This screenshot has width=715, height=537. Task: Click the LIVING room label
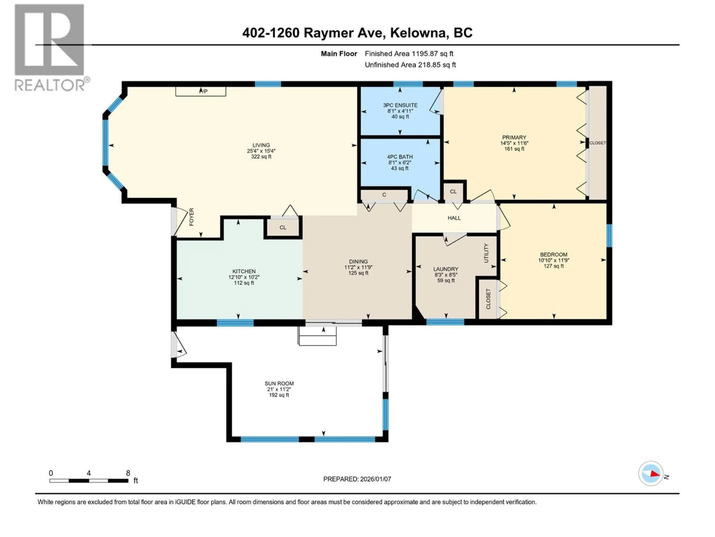point(261,145)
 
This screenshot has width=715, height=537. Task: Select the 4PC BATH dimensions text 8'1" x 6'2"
point(400,162)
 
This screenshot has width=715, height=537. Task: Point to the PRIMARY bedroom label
point(514,137)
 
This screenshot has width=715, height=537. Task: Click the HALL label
point(454,218)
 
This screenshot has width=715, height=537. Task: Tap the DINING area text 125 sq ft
point(358,273)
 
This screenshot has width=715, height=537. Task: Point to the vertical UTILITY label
point(486,253)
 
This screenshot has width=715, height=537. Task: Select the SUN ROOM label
point(279,383)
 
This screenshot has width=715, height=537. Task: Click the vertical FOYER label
point(191,217)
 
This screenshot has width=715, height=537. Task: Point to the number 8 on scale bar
point(128,473)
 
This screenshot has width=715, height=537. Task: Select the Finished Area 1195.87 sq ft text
point(409,54)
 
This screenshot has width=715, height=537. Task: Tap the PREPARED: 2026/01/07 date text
point(357,479)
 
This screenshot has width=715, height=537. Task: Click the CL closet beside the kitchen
point(283,227)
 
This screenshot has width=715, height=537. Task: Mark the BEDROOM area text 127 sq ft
point(553,266)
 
